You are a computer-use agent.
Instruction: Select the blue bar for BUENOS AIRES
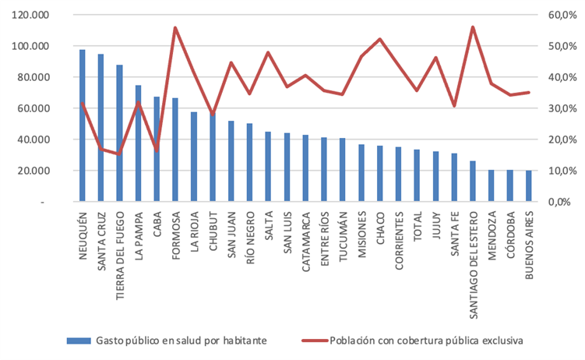[x=529, y=186]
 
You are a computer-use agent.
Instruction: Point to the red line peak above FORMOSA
[x=175, y=28]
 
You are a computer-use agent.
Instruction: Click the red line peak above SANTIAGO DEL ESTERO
[x=473, y=27]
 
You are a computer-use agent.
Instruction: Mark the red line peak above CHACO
[x=379, y=39]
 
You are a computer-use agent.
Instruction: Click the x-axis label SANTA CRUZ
[x=101, y=238]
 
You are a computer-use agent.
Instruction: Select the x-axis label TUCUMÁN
[x=343, y=235]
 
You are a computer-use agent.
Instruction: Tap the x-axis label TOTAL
[x=417, y=227]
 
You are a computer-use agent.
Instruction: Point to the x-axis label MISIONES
[x=361, y=234]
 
